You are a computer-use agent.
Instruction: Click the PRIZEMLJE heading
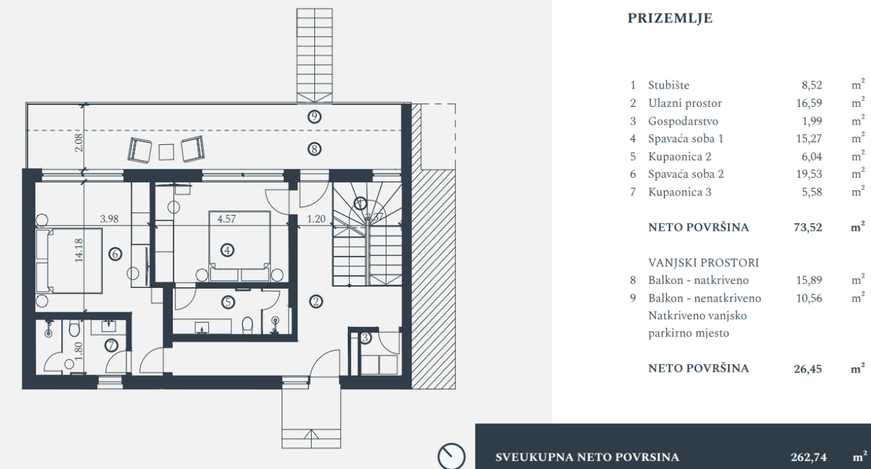tap(670, 18)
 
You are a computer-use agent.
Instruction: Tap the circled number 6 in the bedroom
tap(115, 254)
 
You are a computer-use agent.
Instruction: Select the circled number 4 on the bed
tap(227, 250)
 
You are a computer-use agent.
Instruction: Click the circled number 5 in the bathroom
tap(227, 302)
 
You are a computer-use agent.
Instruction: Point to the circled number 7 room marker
tap(112, 345)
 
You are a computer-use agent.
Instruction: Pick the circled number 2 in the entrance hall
tap(314, 302)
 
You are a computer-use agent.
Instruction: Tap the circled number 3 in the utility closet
tap(365, 337)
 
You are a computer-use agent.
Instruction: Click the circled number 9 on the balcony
tap(314, 116)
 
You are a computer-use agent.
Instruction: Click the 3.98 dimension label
tap(110, 219)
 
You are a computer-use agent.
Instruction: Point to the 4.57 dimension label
tap(227, 219)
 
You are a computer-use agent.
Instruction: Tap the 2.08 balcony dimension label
tap(79, 142)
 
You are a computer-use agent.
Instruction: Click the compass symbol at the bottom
tap(451, 457)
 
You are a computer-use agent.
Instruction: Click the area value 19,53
tap(810, 174)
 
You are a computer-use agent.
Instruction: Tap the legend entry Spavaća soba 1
tap(685, 139)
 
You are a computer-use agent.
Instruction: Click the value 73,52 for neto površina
tap(808, 227)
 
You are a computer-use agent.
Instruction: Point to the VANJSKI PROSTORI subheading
tap(703, 263)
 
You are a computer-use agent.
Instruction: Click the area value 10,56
tap(810, 298)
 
